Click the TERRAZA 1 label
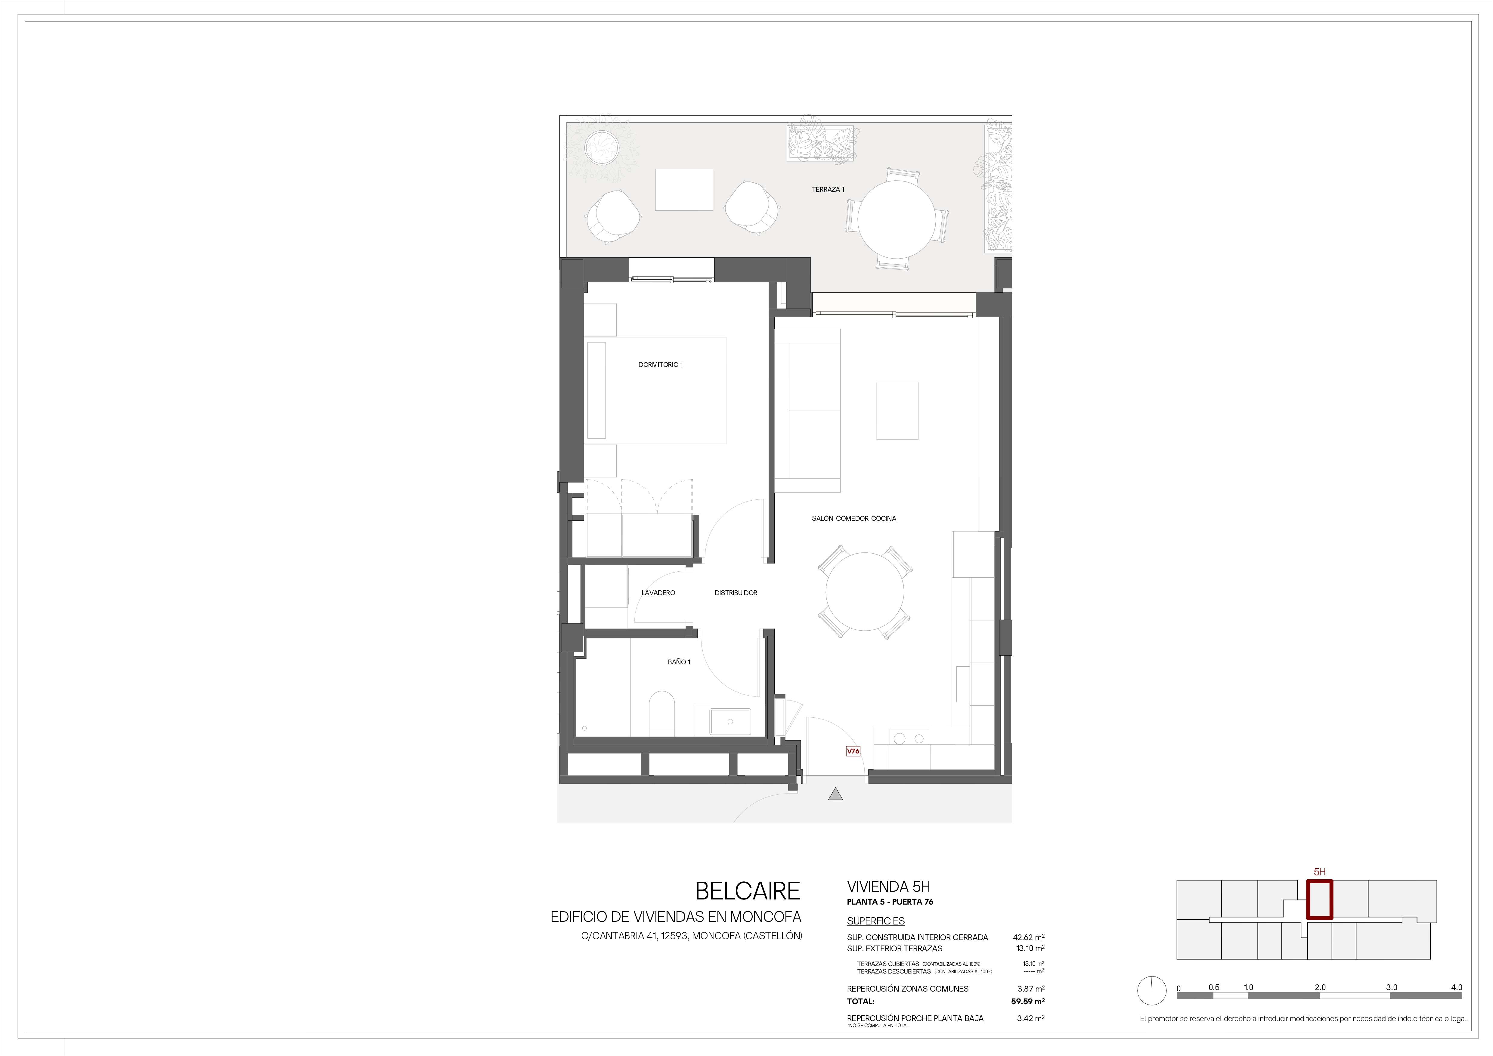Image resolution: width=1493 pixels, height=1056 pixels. coord(828,190)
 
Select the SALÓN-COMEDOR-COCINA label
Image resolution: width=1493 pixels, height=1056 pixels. coord(854,518)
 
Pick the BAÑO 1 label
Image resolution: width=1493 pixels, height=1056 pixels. coord(679,662)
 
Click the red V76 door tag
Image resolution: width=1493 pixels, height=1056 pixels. coord(853,751)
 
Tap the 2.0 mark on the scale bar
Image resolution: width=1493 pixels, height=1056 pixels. coord(1320,987)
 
